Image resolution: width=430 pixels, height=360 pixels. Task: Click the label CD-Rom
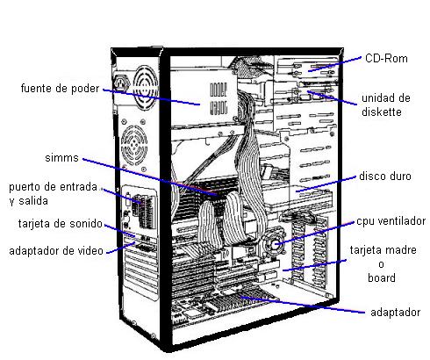[x=386, y=58]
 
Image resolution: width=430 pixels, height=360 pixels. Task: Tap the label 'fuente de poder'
[x=60, y=88]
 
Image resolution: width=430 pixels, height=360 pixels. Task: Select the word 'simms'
[x=61, y=158]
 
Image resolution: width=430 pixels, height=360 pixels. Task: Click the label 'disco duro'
[x=385, y=176]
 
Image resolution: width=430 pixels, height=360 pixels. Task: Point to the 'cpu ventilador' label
[x=391, y=221]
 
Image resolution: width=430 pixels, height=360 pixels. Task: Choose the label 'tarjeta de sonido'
[x=61, y=224]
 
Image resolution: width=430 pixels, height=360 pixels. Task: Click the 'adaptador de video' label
[x=56, y=251]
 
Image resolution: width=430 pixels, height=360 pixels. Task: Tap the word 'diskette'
[x=382, y=112]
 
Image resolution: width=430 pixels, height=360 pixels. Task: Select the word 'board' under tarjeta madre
[x=382, y=277]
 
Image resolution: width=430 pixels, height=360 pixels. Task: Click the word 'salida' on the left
[x=33, y=201]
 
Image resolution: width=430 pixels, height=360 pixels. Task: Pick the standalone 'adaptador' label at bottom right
[x=395, y=313]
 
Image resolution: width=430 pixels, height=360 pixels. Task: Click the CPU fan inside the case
[x=274, y=243]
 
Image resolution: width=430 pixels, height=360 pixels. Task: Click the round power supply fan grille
[x=145, y=87]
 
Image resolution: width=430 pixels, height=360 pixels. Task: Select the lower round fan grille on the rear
[x=134, y=144]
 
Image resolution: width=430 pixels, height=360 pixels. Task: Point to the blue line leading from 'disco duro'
[x=326, y=184]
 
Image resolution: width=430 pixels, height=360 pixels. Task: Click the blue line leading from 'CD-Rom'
[x=335, y=64]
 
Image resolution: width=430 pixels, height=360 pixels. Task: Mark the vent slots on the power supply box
[x=219, y=98]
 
